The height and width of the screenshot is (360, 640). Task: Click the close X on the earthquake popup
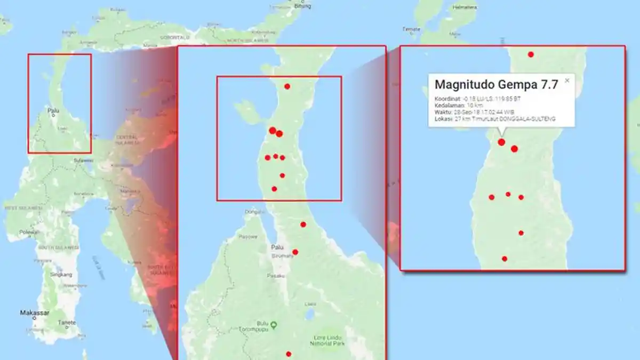[567, 81]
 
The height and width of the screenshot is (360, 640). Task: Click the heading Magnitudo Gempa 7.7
[496, 84]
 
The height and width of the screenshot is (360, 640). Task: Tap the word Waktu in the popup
[443, 112]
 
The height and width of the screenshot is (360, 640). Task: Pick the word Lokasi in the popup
[443, 119]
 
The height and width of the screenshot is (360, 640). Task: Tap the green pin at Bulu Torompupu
[274, 324]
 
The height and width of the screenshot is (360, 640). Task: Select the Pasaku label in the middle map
[276, 276]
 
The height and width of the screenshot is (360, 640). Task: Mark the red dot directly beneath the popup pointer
[501, 142]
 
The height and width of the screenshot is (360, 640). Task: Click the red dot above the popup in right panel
[531, 54]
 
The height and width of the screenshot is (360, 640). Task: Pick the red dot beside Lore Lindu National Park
[289, 354]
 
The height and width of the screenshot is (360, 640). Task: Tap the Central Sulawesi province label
[127, 140]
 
